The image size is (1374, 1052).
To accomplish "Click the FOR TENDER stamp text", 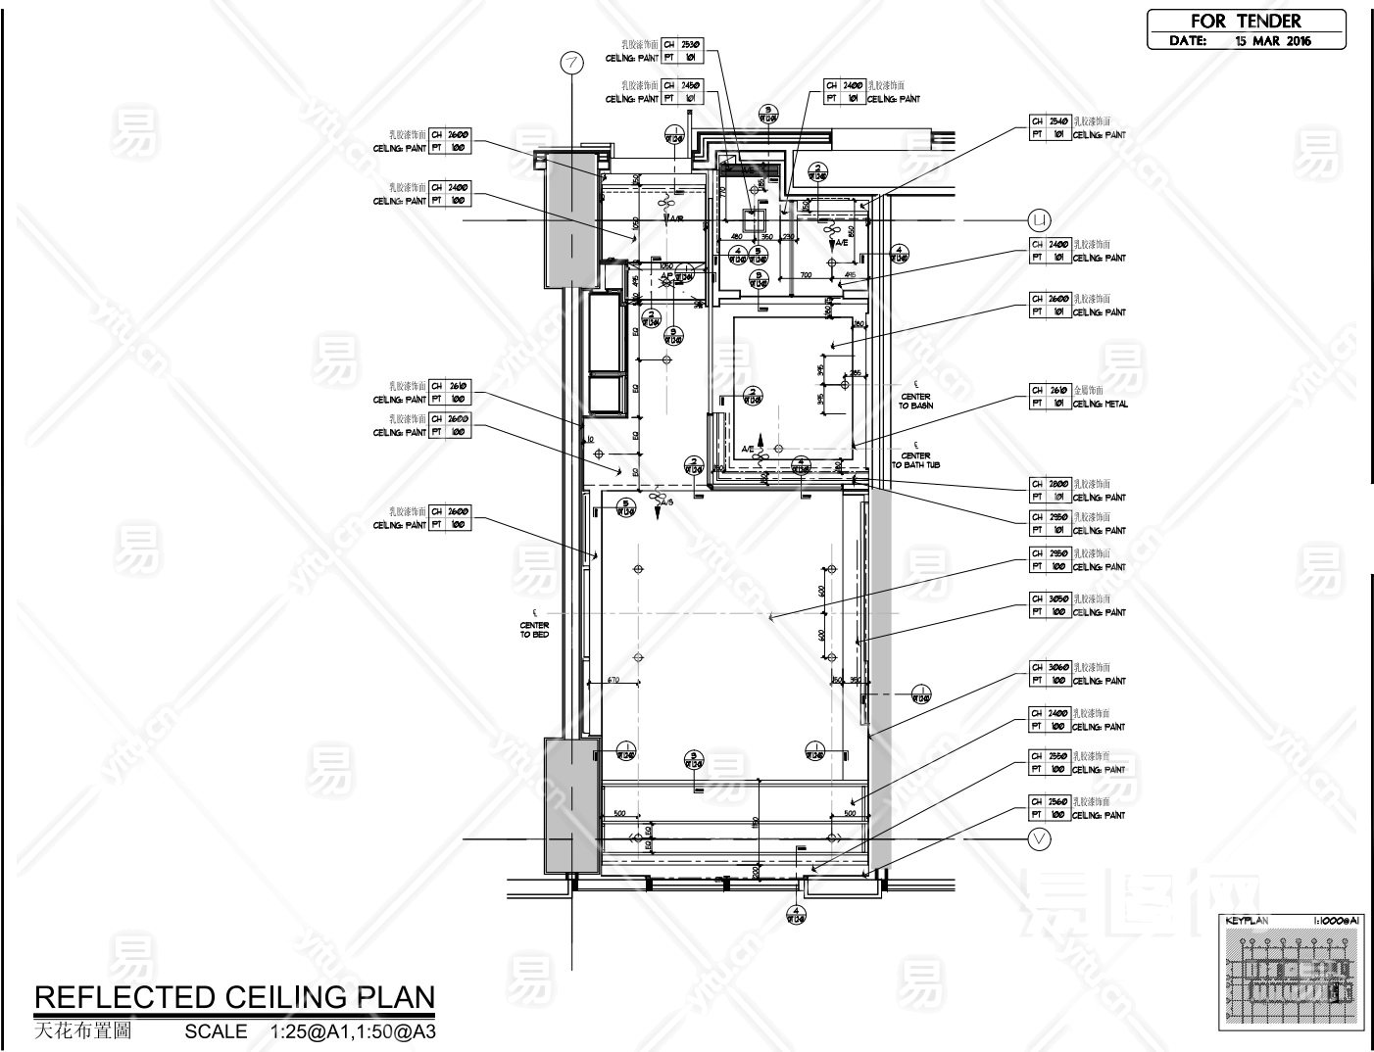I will pos(1245,21).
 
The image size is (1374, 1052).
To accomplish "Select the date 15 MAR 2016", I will pos(1272,41).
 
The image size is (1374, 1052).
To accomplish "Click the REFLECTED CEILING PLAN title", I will pos(234,997).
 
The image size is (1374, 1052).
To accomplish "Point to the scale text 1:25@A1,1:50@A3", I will pos(352,1031).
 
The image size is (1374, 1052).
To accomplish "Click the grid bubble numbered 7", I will pos(572,63).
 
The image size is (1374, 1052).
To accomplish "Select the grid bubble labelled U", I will pos(1039,218).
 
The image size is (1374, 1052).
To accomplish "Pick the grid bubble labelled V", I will pos(1039,838).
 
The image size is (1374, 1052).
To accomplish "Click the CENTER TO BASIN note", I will pos(915,401).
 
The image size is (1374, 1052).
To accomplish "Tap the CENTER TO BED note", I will pos(534,630).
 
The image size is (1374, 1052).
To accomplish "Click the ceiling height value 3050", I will pos(1058,598).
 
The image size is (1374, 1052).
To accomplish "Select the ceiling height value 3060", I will pos(1058,667).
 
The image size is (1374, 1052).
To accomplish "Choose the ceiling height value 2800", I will pos(1058,484).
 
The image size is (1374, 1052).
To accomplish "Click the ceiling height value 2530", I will pos(691,44).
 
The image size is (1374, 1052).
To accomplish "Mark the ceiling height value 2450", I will pos(691,85).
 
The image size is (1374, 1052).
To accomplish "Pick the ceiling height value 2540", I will pos(1058,120).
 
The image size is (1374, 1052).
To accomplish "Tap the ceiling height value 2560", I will pos(1058,801).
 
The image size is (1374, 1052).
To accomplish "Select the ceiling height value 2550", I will pos(1058,756).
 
